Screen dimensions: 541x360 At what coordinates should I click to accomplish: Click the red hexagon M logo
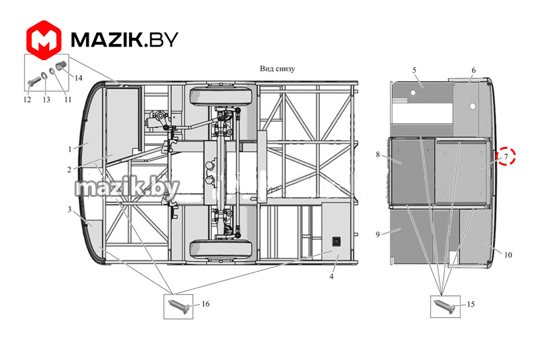(44, 40)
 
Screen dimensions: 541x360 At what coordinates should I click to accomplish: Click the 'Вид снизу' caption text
(277, 68)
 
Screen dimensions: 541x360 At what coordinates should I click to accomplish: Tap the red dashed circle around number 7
(505, 156)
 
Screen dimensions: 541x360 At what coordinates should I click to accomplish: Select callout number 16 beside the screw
(206, 304)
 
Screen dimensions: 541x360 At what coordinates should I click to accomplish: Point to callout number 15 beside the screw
(471, 304)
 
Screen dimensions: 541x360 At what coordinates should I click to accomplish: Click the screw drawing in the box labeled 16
(178, 306)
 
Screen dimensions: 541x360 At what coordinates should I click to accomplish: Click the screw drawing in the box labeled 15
(445, 307)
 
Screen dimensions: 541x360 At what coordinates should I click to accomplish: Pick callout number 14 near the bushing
(78, 78)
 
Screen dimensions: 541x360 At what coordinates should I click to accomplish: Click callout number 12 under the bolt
(27, 99)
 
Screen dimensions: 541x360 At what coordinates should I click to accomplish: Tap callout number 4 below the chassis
(331, 276)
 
